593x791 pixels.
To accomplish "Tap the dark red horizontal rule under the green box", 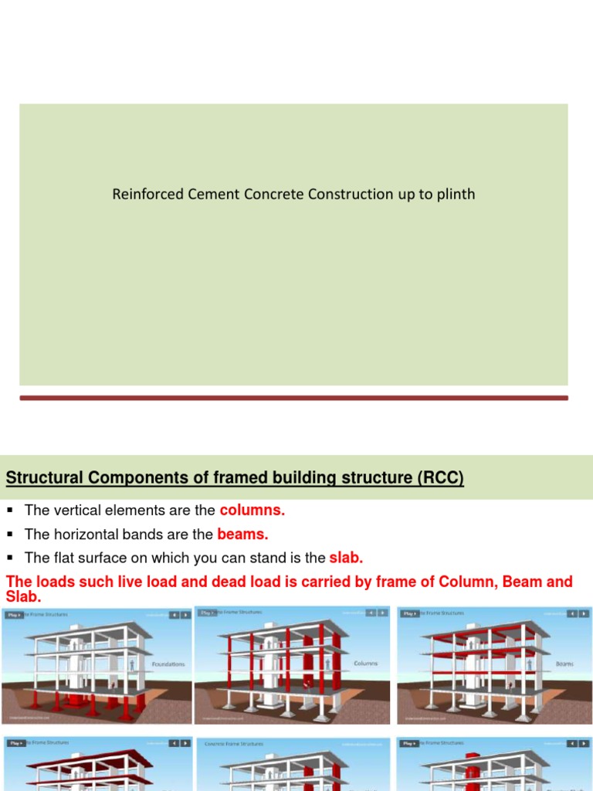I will coord(293,398).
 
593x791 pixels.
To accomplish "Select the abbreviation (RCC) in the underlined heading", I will coord(440,478).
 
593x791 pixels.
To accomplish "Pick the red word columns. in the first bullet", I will coord(252,511).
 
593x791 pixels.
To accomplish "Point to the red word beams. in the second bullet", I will coord(242,534).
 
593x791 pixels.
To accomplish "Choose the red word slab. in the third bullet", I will coord(346,558).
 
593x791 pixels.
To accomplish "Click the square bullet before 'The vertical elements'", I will coord(10,511).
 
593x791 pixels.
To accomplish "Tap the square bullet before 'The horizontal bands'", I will coord(10,534).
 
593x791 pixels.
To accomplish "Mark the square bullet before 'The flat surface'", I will coord(10,558).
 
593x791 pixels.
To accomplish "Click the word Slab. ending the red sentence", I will coord(23,598).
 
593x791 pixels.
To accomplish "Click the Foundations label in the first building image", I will coord(168,663).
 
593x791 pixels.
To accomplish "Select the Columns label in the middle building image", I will coord(365,663).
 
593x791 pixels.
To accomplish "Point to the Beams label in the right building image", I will coord(564,663).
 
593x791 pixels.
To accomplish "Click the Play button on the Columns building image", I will coord(208,613).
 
